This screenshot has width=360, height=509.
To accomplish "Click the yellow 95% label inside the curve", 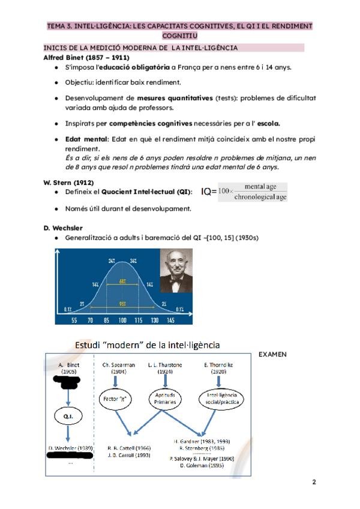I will [122, 302].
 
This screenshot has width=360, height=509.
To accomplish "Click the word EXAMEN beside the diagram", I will [272, 354].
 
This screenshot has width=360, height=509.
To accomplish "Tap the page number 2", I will [314, 481].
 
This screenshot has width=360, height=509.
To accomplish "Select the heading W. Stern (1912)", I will [68, 182].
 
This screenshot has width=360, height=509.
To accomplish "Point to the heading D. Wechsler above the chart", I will [63, 228].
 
